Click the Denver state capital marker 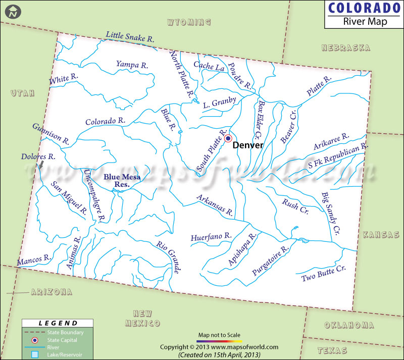pos(228,138)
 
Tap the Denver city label pos(248,145)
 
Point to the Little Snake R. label pos(130,36)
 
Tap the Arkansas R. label pos(215,205)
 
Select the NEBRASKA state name pos(346,47)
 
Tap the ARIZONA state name pos(51,292)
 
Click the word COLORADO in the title pos(360,9)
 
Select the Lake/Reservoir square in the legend pos(35,355)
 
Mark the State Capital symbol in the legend pos(35,340)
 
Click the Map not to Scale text pos(219,335)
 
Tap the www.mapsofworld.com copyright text pos(219,347)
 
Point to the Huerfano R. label pos(211,236)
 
